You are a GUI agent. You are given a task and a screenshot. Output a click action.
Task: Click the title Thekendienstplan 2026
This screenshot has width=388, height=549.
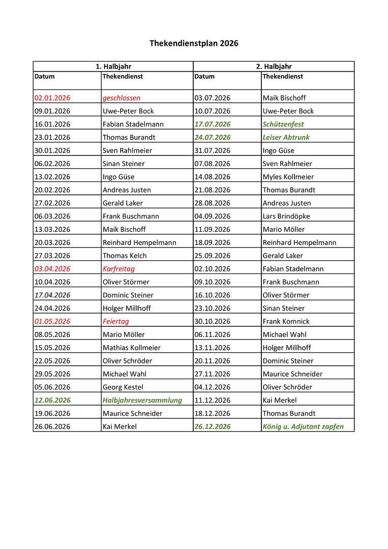[x=194, y=44]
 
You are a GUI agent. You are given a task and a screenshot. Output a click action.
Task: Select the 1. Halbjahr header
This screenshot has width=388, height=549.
[x=113, y=67]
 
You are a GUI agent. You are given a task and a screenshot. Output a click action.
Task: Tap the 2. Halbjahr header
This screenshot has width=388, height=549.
[x=274, y=67]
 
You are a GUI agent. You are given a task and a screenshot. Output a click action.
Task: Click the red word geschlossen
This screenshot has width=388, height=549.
[x=122, y=98]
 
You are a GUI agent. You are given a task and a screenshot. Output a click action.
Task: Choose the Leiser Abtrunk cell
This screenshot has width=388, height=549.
[x=286, y=138]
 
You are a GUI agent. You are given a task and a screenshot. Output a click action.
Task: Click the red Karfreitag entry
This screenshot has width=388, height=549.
[x=118, y=269]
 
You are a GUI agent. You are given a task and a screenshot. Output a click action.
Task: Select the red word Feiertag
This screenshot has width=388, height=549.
[x=116, y=322]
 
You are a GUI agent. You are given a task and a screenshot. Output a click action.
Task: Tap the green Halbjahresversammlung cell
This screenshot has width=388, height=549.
[x=142, y=401]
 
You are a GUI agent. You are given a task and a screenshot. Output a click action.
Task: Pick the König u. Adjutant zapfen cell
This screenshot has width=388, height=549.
[x=303, y=427]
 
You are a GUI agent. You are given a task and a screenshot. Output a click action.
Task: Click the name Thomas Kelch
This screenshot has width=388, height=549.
[x=125, y=256]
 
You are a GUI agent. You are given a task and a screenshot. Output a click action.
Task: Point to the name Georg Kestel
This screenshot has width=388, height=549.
[x=123, y=387]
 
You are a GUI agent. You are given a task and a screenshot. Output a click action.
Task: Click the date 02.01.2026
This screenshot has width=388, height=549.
[x=52, y=98]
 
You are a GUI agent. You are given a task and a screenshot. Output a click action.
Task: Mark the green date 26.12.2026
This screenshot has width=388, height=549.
[x=212, y=427]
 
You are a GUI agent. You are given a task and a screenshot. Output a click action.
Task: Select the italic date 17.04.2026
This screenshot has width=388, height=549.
[x=52, y=295]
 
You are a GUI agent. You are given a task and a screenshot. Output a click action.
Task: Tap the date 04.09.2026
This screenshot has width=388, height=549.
[x=212, y=217]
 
